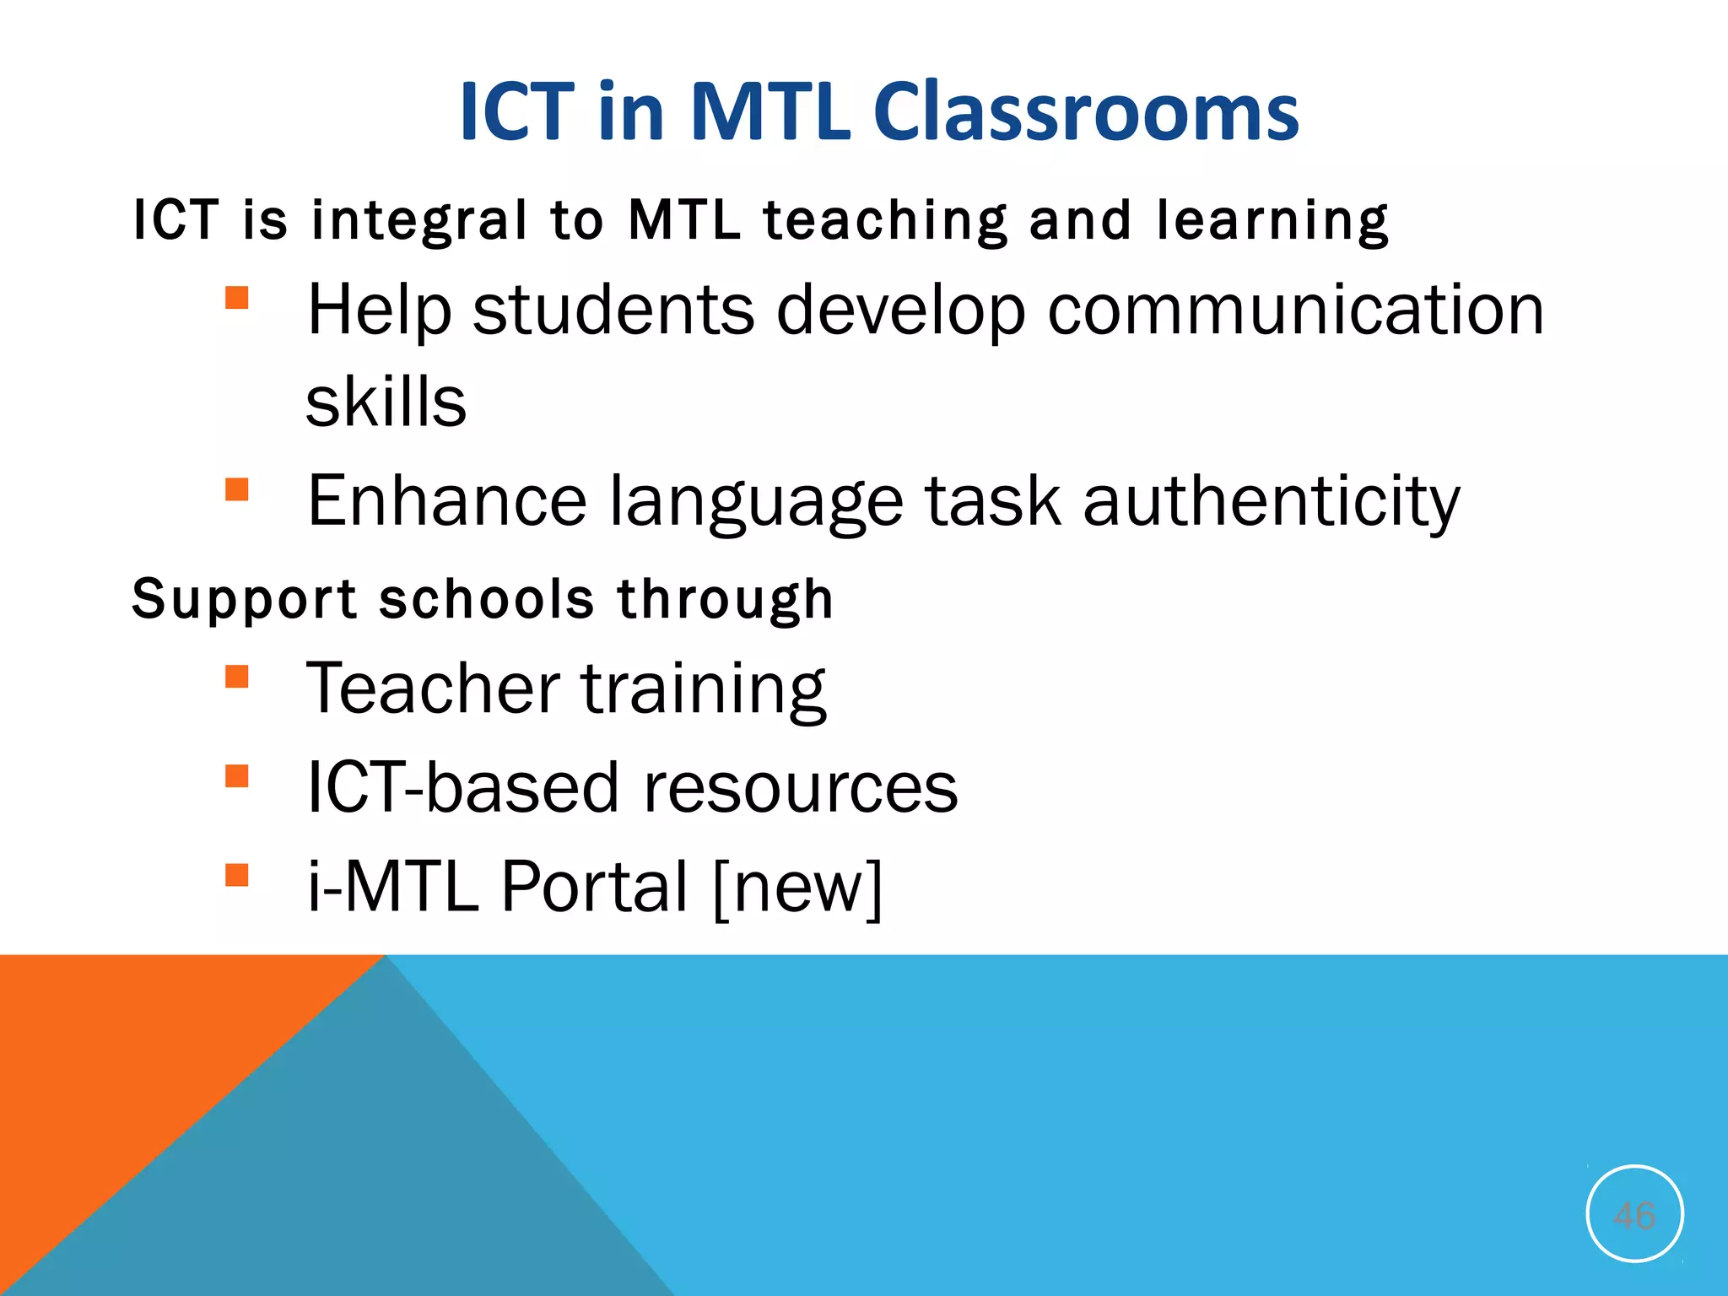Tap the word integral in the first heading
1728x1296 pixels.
click(418, 221)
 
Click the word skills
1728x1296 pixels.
click(386, 402)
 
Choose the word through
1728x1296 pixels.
click(725, 600)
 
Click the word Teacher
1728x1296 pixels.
click(433, 688)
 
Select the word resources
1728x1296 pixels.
click(800, 787)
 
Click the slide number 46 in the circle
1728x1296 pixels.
click(1634, 1215)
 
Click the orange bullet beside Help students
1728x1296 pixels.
click(237, 298)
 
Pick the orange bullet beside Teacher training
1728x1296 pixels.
click(237, 677)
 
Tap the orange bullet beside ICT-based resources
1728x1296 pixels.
click(237, 775)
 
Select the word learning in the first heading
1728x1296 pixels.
click(1272, 221)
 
